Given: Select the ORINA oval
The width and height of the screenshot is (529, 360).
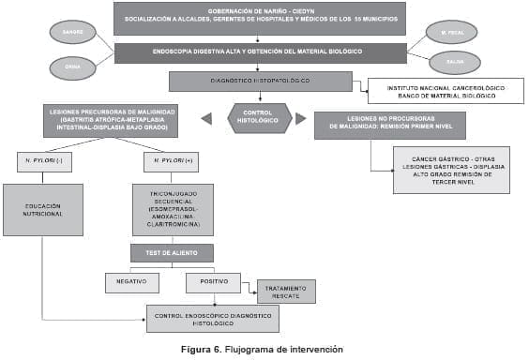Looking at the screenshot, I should click(73, 67).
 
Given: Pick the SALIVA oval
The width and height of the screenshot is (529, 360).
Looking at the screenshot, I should click(455, 63).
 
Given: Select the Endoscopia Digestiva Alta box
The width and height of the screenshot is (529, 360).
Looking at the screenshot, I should click(260, 52).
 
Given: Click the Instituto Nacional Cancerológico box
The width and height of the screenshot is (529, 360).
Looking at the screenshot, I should click(445, 91).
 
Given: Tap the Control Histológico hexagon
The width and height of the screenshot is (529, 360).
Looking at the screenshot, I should click(259, 118).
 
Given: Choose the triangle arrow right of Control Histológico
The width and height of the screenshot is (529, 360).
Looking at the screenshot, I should click(300, 118).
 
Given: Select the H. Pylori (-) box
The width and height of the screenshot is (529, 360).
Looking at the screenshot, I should click(44, 162).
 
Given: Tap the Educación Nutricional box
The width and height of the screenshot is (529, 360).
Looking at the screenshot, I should click(43, 209).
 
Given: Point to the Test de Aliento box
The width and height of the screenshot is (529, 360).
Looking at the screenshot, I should click(172, 253).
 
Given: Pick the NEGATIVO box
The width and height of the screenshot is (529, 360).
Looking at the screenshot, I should click(131, 282).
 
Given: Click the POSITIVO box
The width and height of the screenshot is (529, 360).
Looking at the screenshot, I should click(213, 282).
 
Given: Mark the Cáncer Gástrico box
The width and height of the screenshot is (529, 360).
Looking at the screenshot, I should click(450, 170).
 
